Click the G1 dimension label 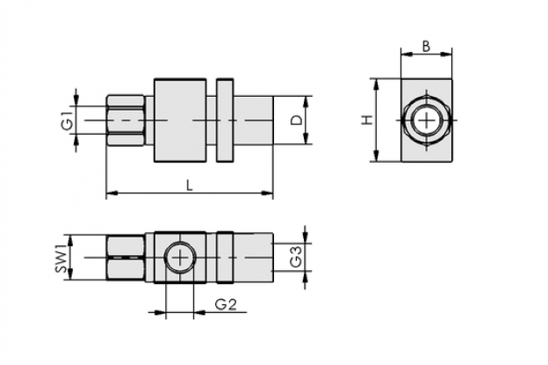pyautogui.click(x=68, y=120)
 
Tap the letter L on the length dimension pyautogui.click(x=189, y=185)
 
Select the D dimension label pyautogui.click(x=297, y=120)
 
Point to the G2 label pyautogui.click(x=226, y=304)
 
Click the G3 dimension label pyautogui.click(x=296, y=257)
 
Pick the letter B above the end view pyautogui.click(x=426, y=47)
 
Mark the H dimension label pyautogui.click(x=367, y=120)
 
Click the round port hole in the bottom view pyautogui.click(x=180, y=258)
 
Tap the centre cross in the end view pyautogui.click(x=427, y=120)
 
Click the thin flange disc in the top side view pyautogui.click(x=225, y=120)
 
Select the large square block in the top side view pyautogui.click(x=180, y=120)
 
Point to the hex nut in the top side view pyautogui.click(x=125, y=120)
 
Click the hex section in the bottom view pyautogui.click(x=125, y=258)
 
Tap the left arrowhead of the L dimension pyautogui.click(x=112, y=193)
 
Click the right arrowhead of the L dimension pyautogui.click(x=267, y=193)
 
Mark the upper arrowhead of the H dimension pyautogui.click(x=376, y=84)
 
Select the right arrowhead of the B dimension pyautogui.click(x=447, y=54)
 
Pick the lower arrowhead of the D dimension pyautogui.click(x=306, y=139)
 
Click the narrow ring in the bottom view pyautogui.click(x=225, y=257)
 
